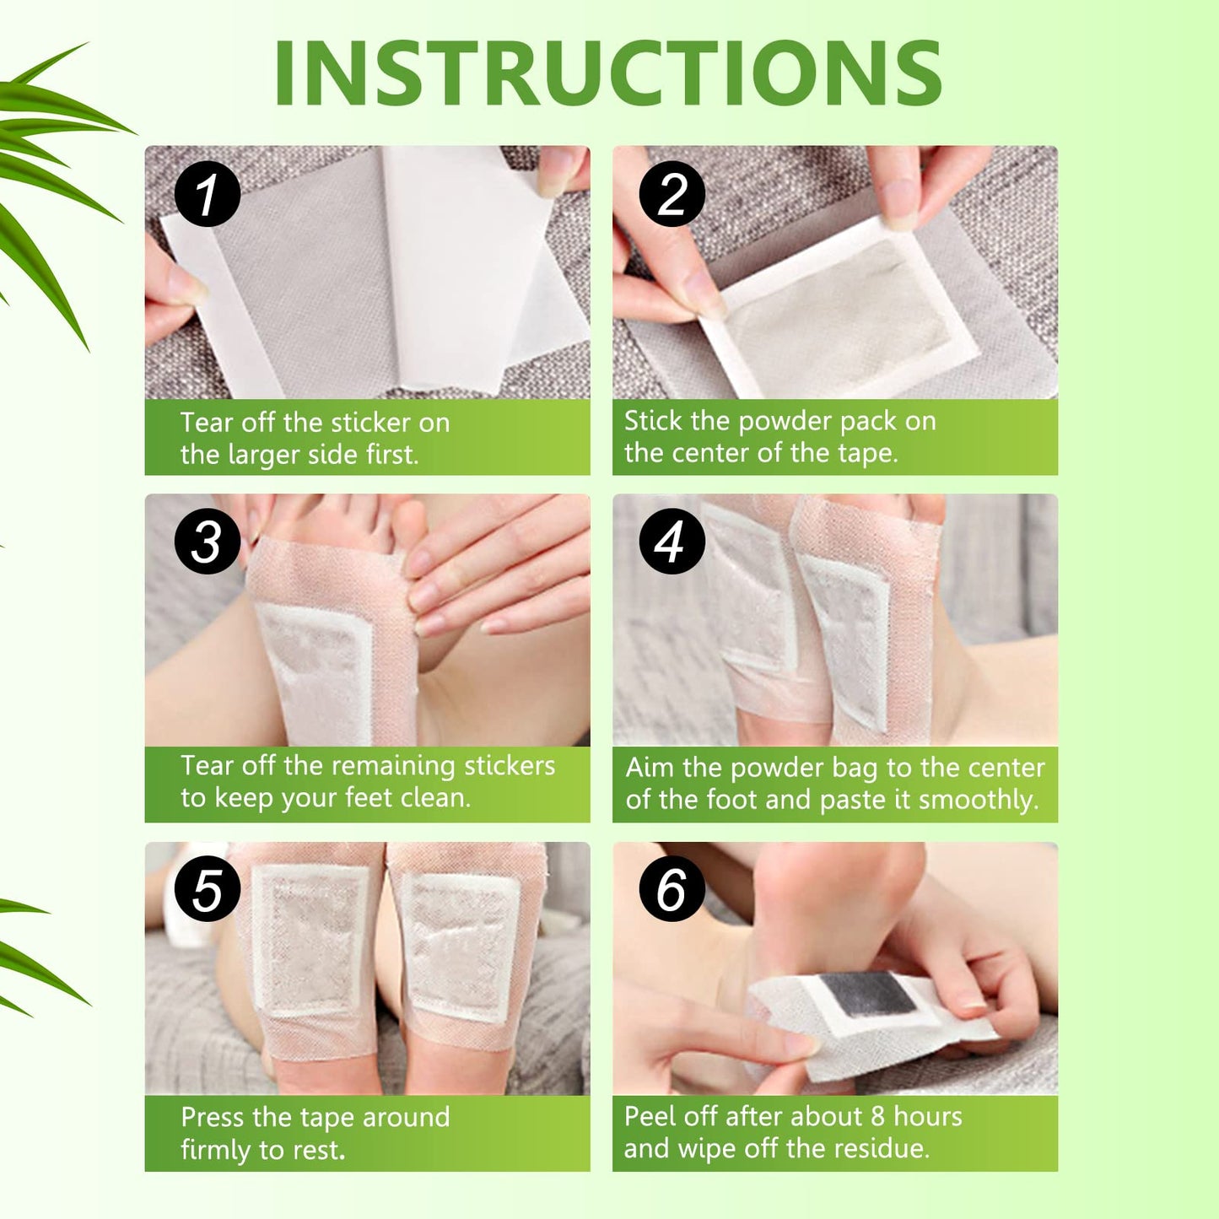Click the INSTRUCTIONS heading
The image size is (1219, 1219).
pyautogui.click(x=607, y=74)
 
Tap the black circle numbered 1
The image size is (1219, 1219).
pyautogui.click(x=208, y=194)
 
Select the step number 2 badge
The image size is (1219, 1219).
pyautogui.click(x=672, y=194)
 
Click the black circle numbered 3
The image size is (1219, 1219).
pyautogui.click(x=208, y=542)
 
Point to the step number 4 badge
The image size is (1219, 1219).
pyautogui.click(x=672, y=542)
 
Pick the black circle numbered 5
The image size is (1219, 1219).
pyautogui.click(x=208, y=891)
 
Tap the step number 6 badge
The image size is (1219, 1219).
pyautogui.click(x=672, y=889)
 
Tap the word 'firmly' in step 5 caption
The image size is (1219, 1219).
pyautogui.click(x=215, y=1150)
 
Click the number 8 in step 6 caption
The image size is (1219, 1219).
pyautogui.click(x=877, y=1117)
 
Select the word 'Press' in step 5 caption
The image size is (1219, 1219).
pyautogui.click(x=212, y=1118)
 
